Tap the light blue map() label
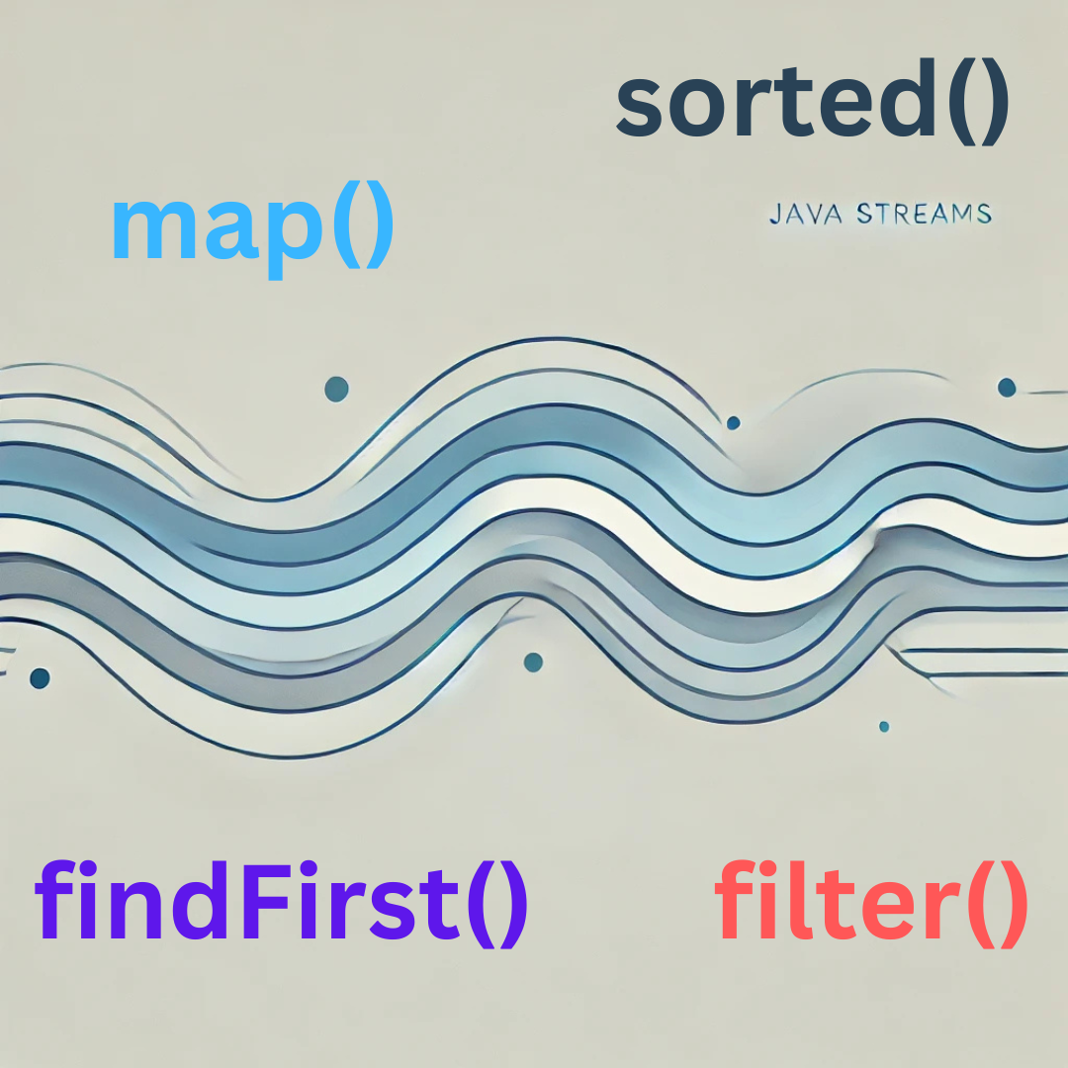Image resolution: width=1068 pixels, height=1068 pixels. click(x=252, y=228)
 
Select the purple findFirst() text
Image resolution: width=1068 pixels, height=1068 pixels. click(x=281, y=903)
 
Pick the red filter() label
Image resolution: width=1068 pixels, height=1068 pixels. click(x=871, y=903)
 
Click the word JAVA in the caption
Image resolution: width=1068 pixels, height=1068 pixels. click(x=807, y=214)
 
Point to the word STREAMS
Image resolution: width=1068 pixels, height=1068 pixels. click(x=924, y=214)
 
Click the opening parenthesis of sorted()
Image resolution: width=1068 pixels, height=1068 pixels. click(x=960, y=102)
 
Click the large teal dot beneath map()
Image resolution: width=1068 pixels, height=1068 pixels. click(x=336, y=389)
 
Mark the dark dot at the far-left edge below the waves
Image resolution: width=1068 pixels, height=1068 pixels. click(x=40, y=678)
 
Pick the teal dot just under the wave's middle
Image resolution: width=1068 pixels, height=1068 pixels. click(x=533, y=662)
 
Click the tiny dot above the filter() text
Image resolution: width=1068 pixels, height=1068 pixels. click(x=884, y=727)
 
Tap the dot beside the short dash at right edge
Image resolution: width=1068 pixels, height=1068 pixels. click(x=1007, y=388)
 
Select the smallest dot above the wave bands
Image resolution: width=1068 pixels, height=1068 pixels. click(x=733, y=423)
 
